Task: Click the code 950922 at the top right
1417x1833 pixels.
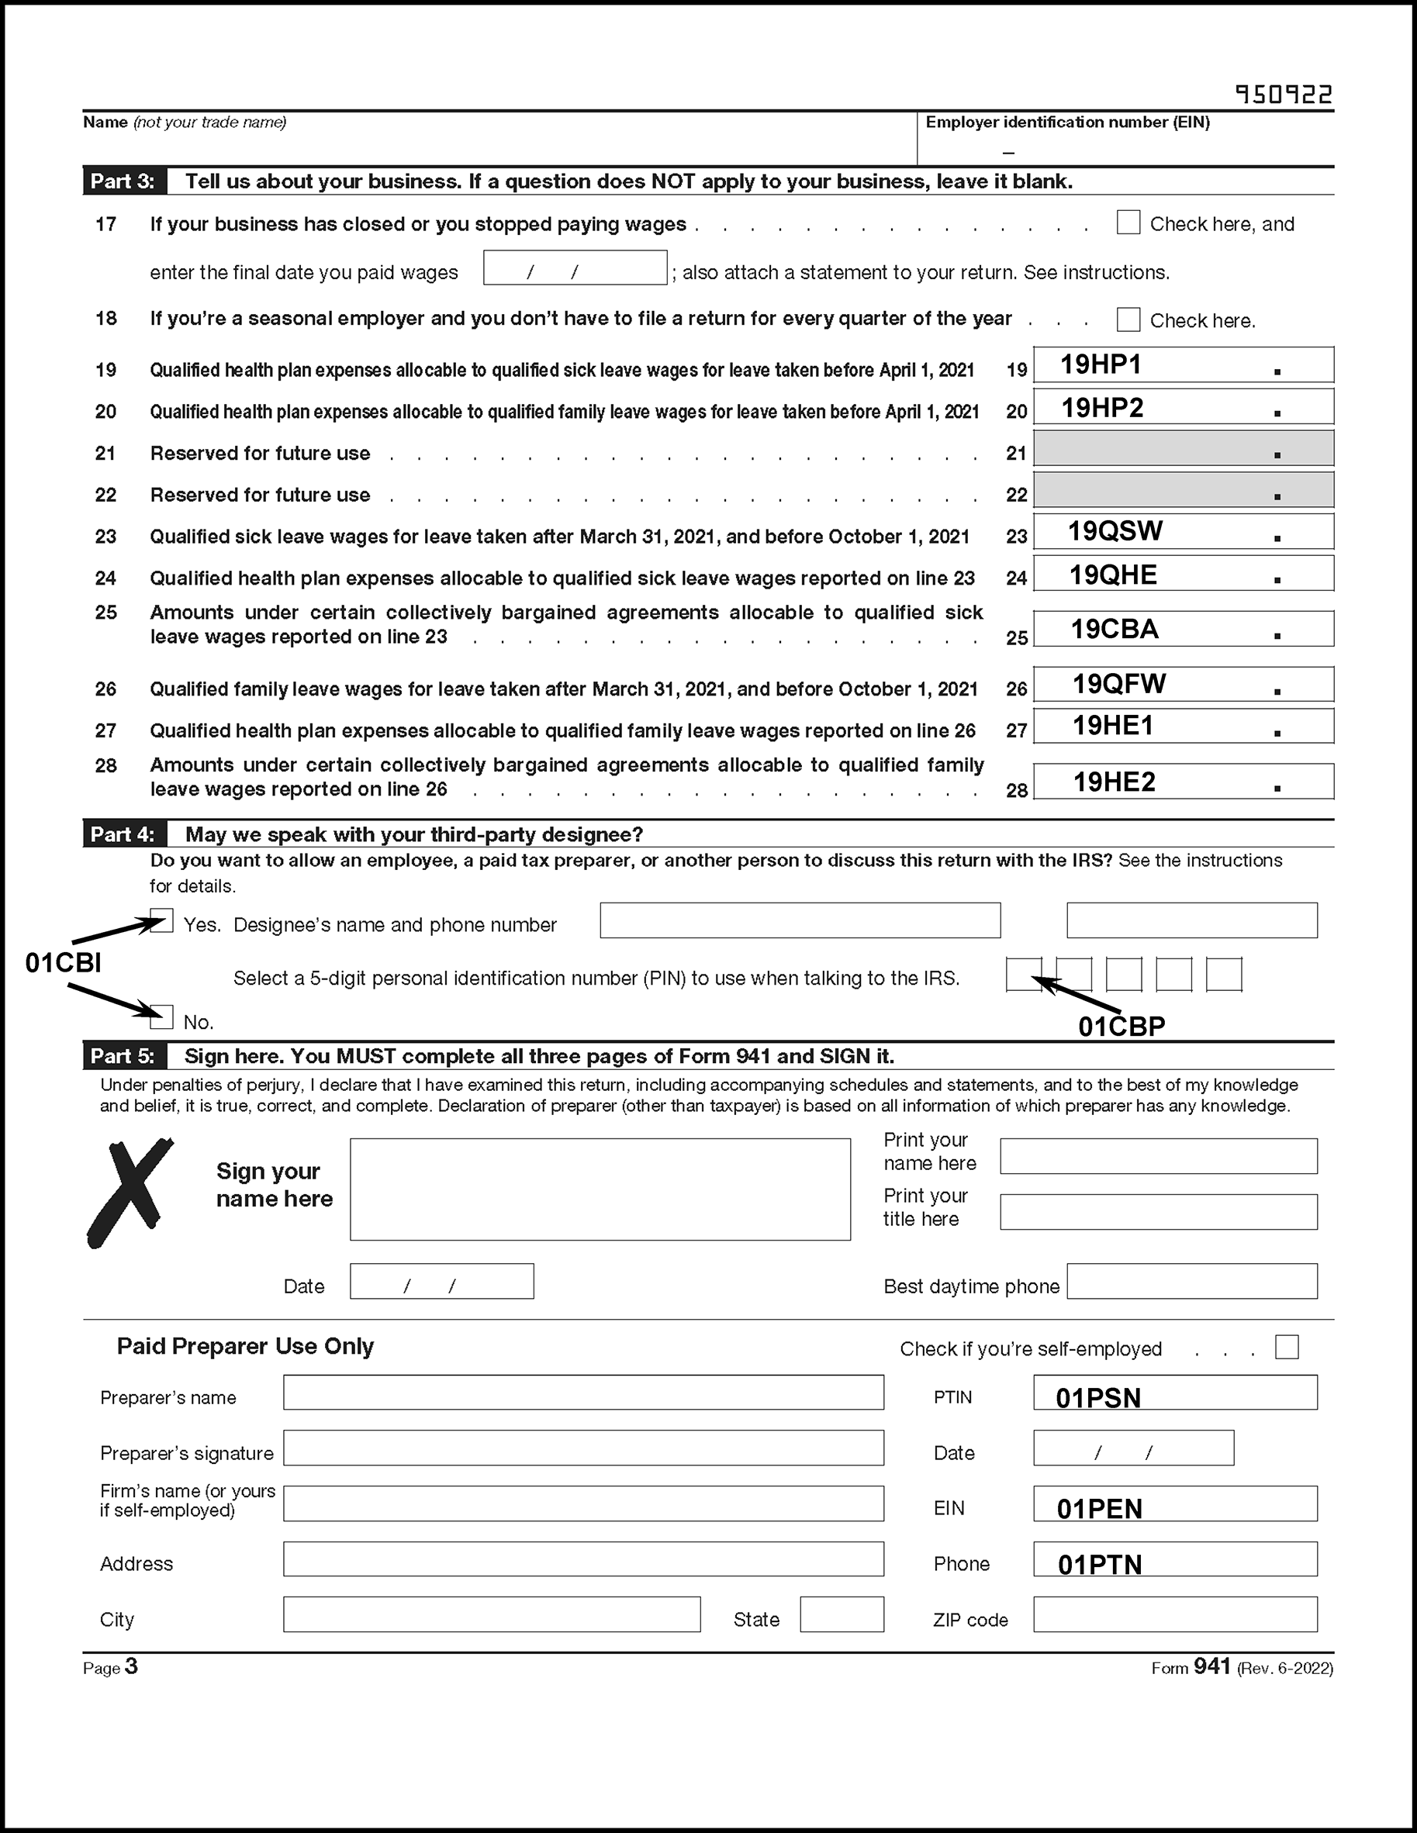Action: [1284, 94]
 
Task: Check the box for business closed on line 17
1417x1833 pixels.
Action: [1128, 223]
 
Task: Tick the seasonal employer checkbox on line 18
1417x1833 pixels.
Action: [1128, 319]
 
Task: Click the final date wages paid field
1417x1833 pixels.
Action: [575, 268]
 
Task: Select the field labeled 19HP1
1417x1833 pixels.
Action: [1183, 365]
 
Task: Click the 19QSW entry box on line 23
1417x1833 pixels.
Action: [1183, 531]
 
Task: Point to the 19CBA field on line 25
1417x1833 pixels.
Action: [1183, 629]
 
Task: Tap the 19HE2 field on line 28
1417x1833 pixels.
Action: [1183, 782]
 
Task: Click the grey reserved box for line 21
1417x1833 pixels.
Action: [1183, 448]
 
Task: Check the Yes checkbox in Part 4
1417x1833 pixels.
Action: [162, 920]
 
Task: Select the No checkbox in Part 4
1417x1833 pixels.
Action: [162, 1017]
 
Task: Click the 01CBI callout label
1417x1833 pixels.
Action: [63, 963]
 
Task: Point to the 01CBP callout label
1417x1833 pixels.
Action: [1122, 1026]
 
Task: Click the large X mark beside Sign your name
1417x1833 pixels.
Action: [130, 1192]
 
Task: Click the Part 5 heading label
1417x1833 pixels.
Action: [123, 1056]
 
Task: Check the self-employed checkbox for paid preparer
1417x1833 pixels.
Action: [1286, 1347]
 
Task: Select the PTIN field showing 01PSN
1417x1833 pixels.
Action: [1174, 1393]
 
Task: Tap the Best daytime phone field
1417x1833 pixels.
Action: [1191, 1282]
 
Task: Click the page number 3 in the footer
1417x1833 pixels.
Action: [131, 1667]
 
